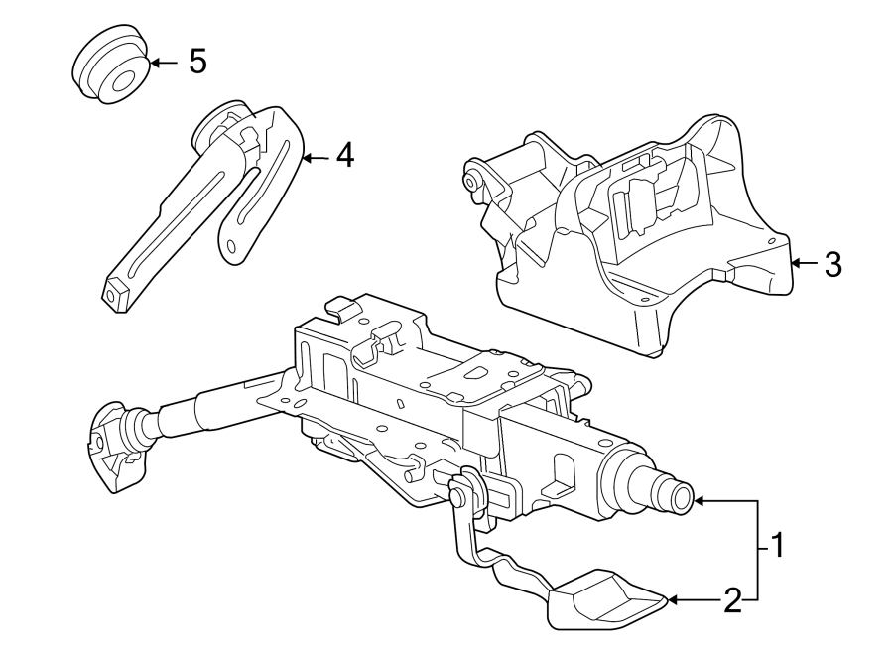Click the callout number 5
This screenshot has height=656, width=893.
pos(197,63)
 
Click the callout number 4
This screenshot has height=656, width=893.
pos(343,155)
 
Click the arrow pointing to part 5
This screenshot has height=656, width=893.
pos(163,63)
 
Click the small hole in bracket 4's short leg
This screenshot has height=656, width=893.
pos(231,245)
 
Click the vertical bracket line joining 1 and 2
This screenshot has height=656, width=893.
pos(760,551)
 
